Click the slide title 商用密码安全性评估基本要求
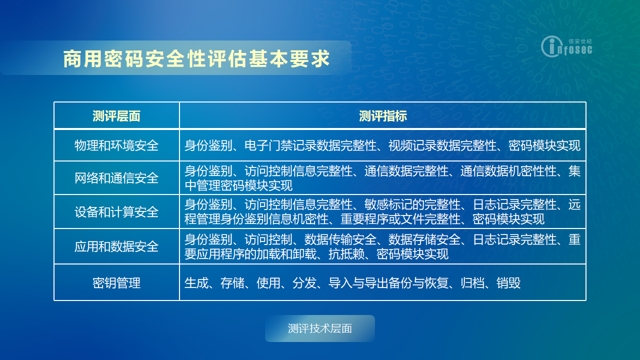196,59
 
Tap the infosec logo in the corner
566,46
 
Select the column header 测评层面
116,116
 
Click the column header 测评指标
383,116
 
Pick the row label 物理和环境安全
116,145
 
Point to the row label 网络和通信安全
116,178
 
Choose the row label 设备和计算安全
116,212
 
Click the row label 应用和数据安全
116,246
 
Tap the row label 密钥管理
116,283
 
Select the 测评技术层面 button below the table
319,328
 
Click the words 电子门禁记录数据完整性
310,145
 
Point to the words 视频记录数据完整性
442,145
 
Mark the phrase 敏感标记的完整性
412,204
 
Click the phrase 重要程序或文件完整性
400,219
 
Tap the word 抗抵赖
346,254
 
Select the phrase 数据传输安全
340,239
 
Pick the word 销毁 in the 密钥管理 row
508,283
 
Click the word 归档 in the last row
472,283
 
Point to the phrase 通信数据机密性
502,171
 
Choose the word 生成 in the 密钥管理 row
196,283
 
